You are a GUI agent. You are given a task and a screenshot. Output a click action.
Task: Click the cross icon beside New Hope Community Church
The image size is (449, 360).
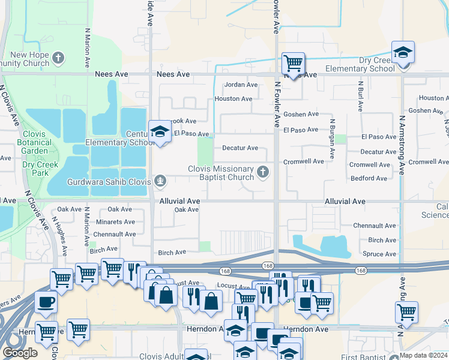(x=58, y=58)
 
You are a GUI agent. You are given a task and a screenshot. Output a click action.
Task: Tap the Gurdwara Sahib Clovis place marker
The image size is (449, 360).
(x=160, y=181)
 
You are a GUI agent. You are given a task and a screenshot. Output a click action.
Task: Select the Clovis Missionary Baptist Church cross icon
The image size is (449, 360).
(x=262, y=173)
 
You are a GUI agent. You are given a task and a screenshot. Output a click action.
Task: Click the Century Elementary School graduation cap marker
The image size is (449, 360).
(x=160, y=131)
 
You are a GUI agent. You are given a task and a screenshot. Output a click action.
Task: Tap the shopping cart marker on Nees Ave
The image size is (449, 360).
(x=293, y=62)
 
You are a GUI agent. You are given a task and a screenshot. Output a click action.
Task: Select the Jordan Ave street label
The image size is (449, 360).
(x=241, y=85)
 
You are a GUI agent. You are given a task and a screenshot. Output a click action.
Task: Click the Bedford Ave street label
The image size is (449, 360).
(x=369, y=178)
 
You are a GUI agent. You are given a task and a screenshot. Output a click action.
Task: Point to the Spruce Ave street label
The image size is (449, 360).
(x=379, y=254)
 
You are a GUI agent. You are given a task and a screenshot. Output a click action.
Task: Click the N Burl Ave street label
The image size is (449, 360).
(x=361, y=97)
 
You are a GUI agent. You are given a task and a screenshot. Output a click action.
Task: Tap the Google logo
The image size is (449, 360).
(x=20, y=353)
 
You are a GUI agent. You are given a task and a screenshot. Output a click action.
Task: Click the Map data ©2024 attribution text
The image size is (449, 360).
(x=423, y=355)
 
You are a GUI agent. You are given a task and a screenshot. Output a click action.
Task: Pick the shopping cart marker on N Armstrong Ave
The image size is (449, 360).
(x=406, y=313)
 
